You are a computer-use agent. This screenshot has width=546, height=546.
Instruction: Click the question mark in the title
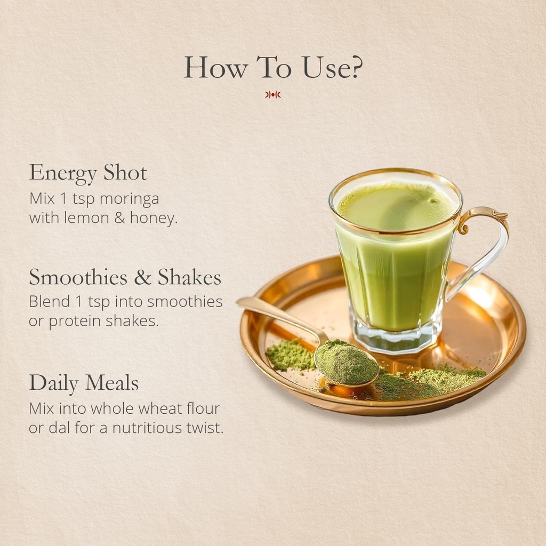tap(355, 67)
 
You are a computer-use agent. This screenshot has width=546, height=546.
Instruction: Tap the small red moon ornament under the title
tap(272, 94)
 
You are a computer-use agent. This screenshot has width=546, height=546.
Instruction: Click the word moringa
tap(129, 199)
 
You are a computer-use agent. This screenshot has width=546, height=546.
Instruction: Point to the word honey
tap(154, 219)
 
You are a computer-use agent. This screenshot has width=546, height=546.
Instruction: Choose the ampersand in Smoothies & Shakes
tap(142, 277)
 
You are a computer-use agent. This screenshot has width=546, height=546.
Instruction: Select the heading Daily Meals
tap(84, 383)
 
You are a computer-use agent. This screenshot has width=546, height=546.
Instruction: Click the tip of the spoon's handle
tap(238, 302)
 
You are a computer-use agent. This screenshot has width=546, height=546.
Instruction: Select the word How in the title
tap(215, 67)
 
